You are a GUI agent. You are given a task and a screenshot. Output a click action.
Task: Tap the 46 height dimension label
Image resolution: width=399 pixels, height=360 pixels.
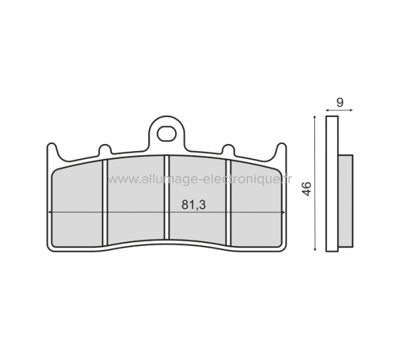coord(306,189)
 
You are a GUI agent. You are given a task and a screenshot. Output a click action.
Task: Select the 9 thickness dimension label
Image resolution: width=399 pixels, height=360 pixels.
coord(340,102)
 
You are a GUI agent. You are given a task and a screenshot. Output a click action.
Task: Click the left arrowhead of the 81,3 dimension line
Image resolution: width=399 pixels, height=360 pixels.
coord(50,212)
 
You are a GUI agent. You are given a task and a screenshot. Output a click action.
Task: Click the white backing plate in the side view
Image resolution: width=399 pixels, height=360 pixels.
coord(331,184)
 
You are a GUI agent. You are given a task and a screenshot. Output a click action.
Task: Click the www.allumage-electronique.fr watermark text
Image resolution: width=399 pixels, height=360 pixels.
coord(199,180)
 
